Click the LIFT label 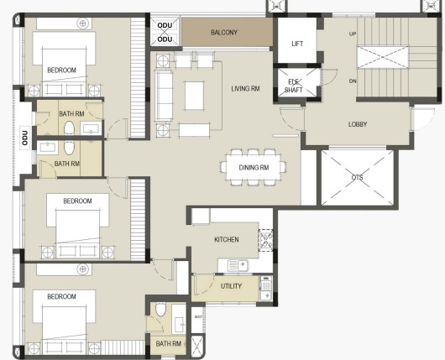click(297, 44)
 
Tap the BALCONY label click(224, 33)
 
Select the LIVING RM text click(245, 88)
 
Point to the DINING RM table click(254, 167)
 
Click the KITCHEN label click(227, 240)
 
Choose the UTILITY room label click(231, 286)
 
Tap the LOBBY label click(358, 124)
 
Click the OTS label click(357, 178)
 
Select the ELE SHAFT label click(294, 86)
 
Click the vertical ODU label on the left click(25, 138)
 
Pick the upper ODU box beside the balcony click(165, 25)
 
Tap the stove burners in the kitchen click(265, 240)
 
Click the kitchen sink click(238, 265)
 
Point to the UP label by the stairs click(353, 34)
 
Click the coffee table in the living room click(195, 96)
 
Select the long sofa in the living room click(164, 96)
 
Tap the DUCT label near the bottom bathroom click(198, 317)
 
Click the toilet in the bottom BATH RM click(160, 310)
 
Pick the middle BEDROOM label click(77, 201)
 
